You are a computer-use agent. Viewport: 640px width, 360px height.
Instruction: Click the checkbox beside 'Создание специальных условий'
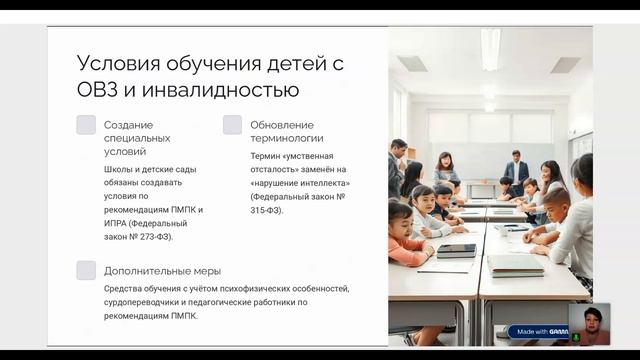click(x=86, y=125)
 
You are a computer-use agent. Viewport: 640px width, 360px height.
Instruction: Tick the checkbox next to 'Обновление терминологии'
click(x=232, y=125)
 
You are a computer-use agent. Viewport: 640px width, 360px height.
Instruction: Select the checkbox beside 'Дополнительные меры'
click(x=86, y=270)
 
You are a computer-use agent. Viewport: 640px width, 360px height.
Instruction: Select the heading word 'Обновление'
click(x=275, y=124)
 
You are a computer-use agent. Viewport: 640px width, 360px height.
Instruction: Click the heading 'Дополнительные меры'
click(x=162, y=270)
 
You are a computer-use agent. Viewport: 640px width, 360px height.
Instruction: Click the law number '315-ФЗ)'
click(x=267, y=210)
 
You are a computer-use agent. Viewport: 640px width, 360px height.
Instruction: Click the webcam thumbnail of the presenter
click(x=589, y=323)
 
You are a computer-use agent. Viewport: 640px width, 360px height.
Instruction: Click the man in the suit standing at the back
click(x=516, y=170)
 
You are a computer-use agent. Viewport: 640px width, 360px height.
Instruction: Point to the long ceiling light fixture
click(x=491, y=47)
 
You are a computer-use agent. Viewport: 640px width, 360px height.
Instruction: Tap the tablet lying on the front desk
click(x=455, y=250)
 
